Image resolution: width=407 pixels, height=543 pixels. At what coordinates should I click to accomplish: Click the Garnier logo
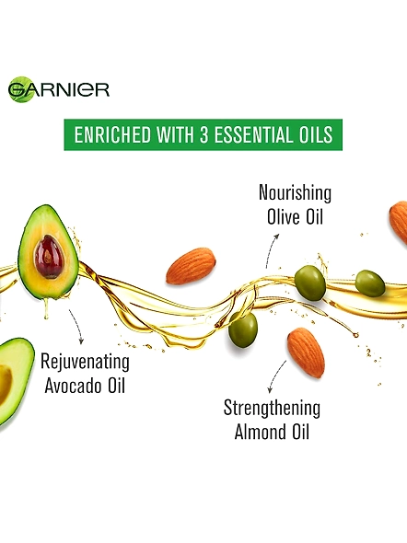(x=59, y=89)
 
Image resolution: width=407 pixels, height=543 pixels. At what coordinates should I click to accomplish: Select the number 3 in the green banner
(x=203, y=134)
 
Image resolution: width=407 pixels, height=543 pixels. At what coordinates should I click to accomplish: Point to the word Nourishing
(x=295, y=193)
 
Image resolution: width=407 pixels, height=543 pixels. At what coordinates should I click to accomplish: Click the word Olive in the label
(x=284, y=217)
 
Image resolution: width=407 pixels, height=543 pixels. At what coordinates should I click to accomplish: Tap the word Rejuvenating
(x=86, y=362)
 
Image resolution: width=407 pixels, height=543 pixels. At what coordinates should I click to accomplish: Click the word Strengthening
(x=272, y=409)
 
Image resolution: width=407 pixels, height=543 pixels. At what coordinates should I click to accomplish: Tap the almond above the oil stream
(x=191, y=266)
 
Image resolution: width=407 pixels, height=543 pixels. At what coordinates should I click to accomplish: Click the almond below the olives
(x=306, y=352)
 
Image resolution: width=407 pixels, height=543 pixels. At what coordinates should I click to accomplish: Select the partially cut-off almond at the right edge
(x=399, y=222)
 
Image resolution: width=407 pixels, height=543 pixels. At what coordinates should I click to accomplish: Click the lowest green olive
(x=243, y=329)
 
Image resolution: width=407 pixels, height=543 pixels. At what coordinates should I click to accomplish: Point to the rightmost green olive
(x=370, y=283)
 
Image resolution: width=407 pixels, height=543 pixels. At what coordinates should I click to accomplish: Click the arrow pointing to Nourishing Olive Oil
(x=272, y=249)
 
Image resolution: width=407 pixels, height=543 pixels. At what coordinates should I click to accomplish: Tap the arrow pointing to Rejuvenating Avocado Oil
(x=77, y=326)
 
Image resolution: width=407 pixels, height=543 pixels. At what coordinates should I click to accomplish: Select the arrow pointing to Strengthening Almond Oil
(x=276, y=376)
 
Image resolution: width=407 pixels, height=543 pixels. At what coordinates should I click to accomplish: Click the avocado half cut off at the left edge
(x=15, y=384)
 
